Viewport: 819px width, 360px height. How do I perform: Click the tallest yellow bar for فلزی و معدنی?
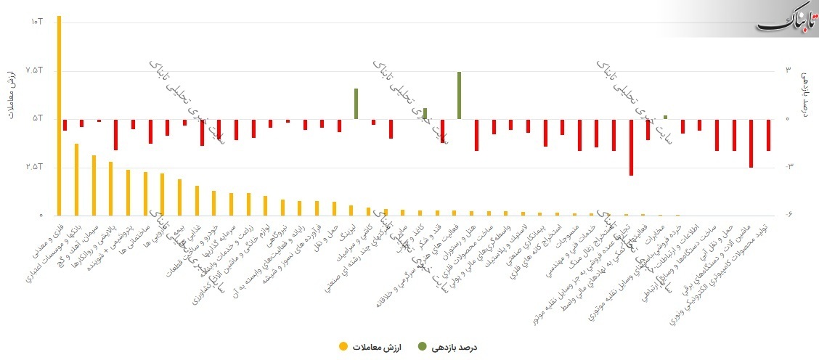coord(60,116)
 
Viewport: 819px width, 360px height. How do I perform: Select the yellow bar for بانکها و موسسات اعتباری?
coord(77,179)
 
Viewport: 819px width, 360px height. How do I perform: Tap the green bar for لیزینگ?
coord(356,104)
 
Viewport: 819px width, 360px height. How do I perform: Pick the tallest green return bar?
coord(459,95)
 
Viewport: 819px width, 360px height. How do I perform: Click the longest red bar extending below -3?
coord(631,147)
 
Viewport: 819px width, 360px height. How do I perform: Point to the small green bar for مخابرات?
coord(665,117)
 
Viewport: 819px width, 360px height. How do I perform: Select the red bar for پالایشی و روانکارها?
coord(115,134)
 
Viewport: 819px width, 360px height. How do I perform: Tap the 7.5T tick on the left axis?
coord(35,70)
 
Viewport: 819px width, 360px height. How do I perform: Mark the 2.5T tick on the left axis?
coord(35,167)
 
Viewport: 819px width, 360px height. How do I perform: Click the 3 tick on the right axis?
coord(789,70)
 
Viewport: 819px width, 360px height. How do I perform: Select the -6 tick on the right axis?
coord(789,216)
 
